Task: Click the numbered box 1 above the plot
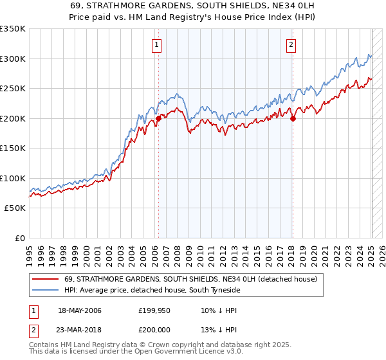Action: (158, 44)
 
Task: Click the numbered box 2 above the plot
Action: (291, 44)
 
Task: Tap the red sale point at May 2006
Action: (158, 119)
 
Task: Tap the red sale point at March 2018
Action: (293, 118)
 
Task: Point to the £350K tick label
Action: (13, 29)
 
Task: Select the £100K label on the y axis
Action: (13, 178)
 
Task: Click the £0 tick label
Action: (20, 238)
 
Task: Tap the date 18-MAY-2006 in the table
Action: (80, 310)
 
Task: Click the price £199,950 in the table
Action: (154, 310)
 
